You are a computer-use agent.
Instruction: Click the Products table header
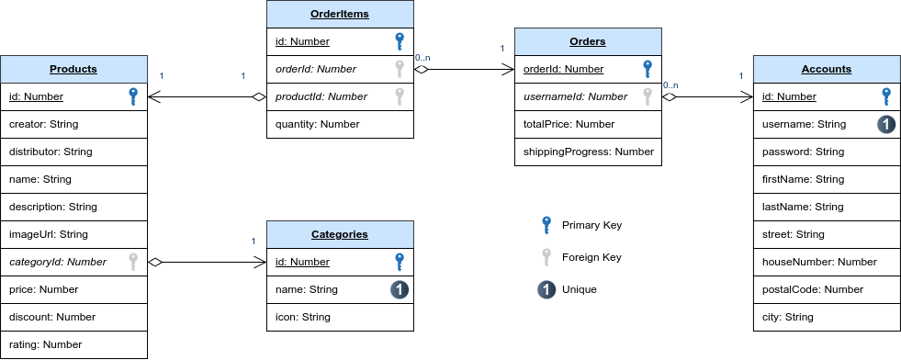[73, 69]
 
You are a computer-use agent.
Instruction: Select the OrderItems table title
[340, 14]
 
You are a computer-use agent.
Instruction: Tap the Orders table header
[588, 41]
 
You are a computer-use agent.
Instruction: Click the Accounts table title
[827, 69]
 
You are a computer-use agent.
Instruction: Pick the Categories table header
[340, 234]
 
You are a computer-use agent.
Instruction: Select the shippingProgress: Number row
[588, 152]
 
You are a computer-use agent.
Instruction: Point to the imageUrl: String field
[49, 234]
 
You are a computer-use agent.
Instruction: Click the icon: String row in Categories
[303, 317]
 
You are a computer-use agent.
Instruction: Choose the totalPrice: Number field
[569, 124]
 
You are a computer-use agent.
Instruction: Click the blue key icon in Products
[133, 96]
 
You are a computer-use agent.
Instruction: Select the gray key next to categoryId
[133, 262]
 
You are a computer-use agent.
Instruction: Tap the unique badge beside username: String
[886, 124]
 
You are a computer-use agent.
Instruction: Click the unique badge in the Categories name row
[400, 289]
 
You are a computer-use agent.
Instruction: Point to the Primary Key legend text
[591, 225]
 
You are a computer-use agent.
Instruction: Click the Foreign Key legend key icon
[546, 256]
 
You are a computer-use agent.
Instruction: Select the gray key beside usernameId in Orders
[648, 96]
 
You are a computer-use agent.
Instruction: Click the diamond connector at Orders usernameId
[670, 96]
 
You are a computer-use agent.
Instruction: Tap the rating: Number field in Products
[45, 344]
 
